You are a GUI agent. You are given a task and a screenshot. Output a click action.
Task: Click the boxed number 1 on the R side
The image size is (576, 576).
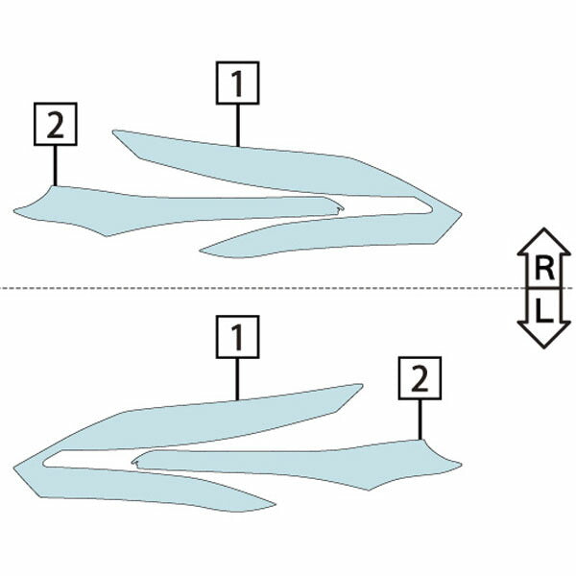click(x=238, y=83)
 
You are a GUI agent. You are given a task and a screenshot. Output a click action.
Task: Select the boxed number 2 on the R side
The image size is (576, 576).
click(x=56, y=124)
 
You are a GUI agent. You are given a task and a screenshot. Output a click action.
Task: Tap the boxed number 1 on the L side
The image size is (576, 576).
click(x=238, y=337)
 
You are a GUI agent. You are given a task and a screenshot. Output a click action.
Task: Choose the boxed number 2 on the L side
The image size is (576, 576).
click(x=420, y=378)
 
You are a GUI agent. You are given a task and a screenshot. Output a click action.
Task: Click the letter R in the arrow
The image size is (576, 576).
click(x=544, y=268)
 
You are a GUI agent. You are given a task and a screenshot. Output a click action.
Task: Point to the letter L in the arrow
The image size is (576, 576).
click(x=544, y=310)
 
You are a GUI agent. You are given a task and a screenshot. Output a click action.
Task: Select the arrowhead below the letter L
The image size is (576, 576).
click(x=544, y=334)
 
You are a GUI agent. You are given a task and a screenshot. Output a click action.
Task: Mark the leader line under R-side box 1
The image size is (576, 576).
click(x=238, y=126)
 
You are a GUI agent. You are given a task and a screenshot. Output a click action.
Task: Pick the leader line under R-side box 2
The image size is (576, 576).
click(x=56, y=166)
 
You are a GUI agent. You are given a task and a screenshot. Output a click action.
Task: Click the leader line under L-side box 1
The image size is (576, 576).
click(x=238, y=379)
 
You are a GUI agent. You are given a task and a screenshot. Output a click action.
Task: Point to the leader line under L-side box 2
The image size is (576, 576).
click(x=420, y=420)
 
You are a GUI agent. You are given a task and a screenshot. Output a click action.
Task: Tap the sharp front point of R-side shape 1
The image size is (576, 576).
click(x=462, y=213)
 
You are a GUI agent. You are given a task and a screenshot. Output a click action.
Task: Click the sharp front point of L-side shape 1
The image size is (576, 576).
click(x=14, y=468)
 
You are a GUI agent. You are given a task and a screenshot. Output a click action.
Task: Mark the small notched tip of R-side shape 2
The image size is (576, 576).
click(x=343, y=209)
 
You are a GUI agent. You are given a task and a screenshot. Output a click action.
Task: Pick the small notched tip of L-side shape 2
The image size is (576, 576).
click(x=133, y=462)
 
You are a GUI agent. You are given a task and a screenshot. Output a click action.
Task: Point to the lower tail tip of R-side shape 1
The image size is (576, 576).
click(x=201, y=252)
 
